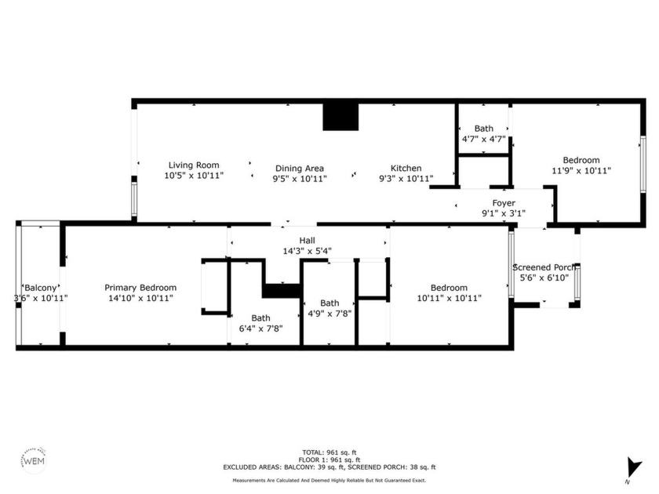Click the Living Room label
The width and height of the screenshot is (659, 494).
[x=194, y=165]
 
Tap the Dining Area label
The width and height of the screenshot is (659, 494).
[x=299, y=169]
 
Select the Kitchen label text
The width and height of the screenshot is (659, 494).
[x=406, y=169]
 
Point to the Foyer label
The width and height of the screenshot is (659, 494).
[x=504, y=203]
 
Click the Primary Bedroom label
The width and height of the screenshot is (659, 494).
[x=140, y=288]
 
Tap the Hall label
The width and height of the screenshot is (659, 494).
[x=308, y=241]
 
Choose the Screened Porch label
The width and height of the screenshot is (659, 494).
[x=544, y=267]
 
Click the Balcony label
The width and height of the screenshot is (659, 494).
[x=40, y=288]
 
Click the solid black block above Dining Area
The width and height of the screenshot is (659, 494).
[x=340, y=117]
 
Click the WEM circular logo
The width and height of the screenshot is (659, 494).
[x=32, y=460]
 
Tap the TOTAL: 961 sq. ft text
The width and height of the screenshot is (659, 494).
[x=329, y=452]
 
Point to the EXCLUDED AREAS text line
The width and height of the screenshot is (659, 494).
[x=329, y=467]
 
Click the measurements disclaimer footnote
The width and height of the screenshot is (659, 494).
[x=329, y=480]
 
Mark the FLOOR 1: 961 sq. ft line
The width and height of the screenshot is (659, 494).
[x=329, y=459]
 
